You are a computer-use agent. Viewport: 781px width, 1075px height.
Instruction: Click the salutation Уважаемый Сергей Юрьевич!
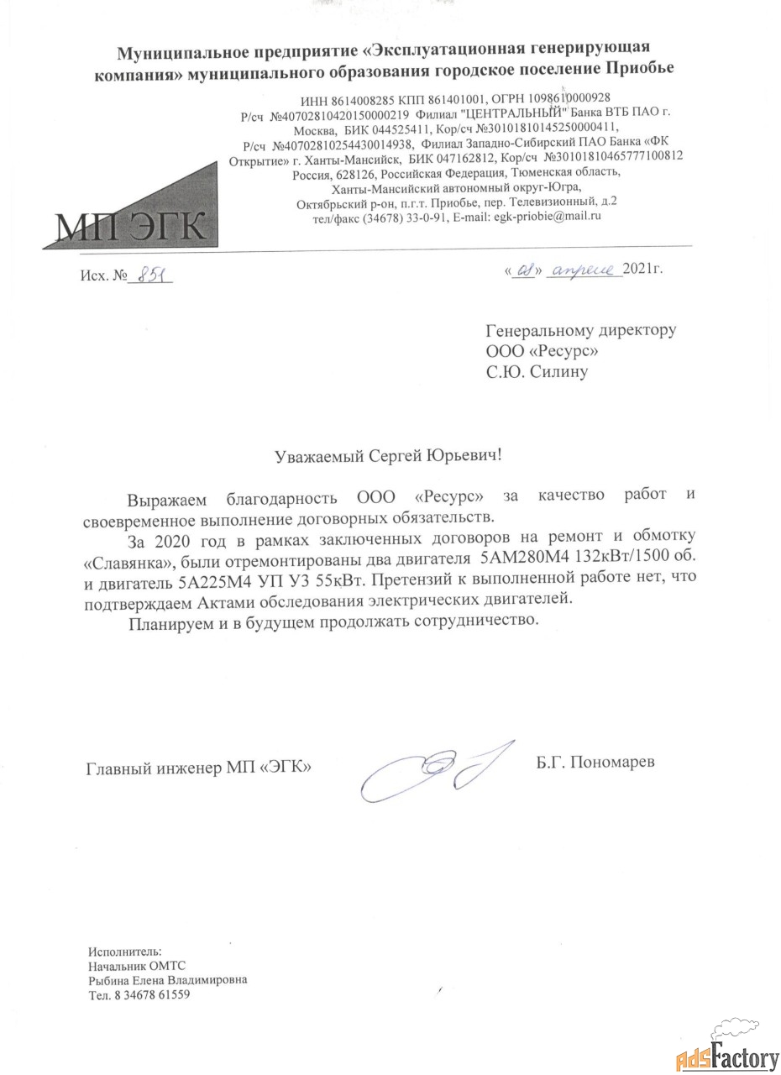coord(391,456)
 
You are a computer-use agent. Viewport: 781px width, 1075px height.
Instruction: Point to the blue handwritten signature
coord(428,768)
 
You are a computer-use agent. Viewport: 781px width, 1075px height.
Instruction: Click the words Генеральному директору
coord(580,330)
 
